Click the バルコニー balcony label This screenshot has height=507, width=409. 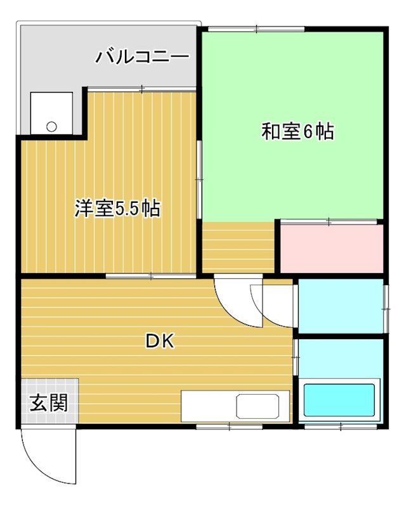pyautogui.click(x=142, y=58)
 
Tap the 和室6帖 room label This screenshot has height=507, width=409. pyautogui.click(x=297, y=132)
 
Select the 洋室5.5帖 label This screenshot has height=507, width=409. pyautogui.click(x=117, y=209)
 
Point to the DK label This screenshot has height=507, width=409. pyautogui.click(x=160, y=342)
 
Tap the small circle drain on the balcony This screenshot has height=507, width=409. pyautogui.click(x=51, y=125)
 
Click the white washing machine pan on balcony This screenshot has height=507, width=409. pyautogui.click(x=51, y=113)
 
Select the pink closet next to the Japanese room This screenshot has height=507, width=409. pyautogui.click(x=331, y=248)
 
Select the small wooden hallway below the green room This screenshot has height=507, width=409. pyautogui.click(x=238, y=248)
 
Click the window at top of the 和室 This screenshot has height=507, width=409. pyautogui.click(x=257, y=29)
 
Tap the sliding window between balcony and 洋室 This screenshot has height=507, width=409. pyautogui.click(x=141, y=89)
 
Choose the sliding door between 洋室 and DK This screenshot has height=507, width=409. pyautogui.click(x=151, y=276)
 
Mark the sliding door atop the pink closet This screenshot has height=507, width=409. pyautogui.click(x=330, y=221)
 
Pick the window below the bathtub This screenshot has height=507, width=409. pyautogui.click(x=341, y=427)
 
